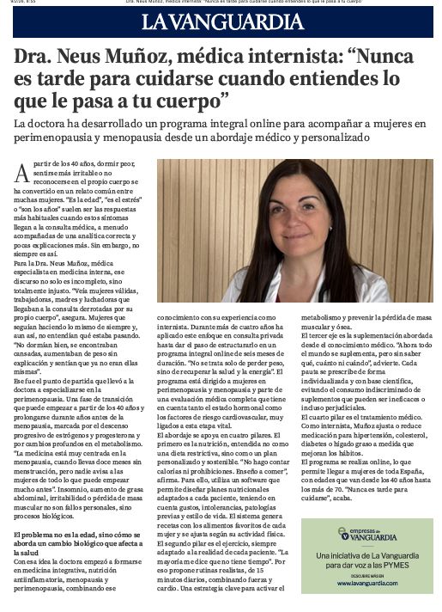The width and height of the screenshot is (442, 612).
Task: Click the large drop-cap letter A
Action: [x=21, y=173]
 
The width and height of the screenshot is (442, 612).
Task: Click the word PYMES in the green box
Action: [x=397, y=564]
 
